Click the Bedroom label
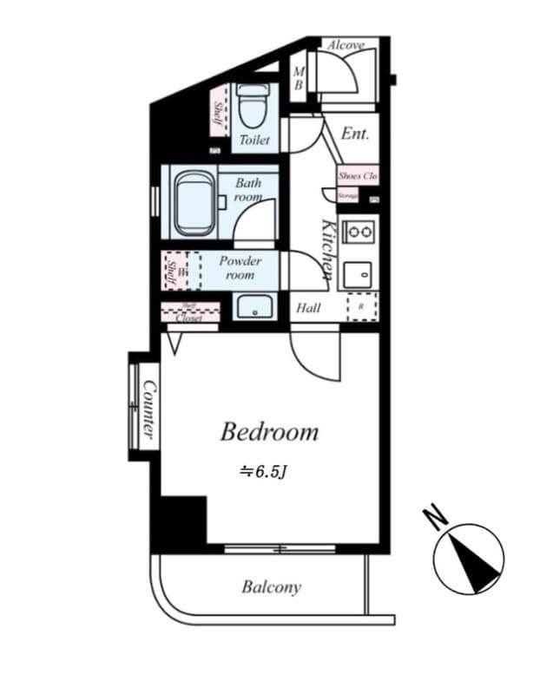(269, 431)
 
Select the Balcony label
(271, 587)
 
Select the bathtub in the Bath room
(194, 203)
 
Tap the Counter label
(148, 409)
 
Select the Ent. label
(354, 134)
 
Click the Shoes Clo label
(358, 176)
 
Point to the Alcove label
(346, 44)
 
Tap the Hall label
(308, 308)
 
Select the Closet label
(189, 318)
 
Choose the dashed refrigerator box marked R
(361, 307)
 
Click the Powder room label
(240, 267)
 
